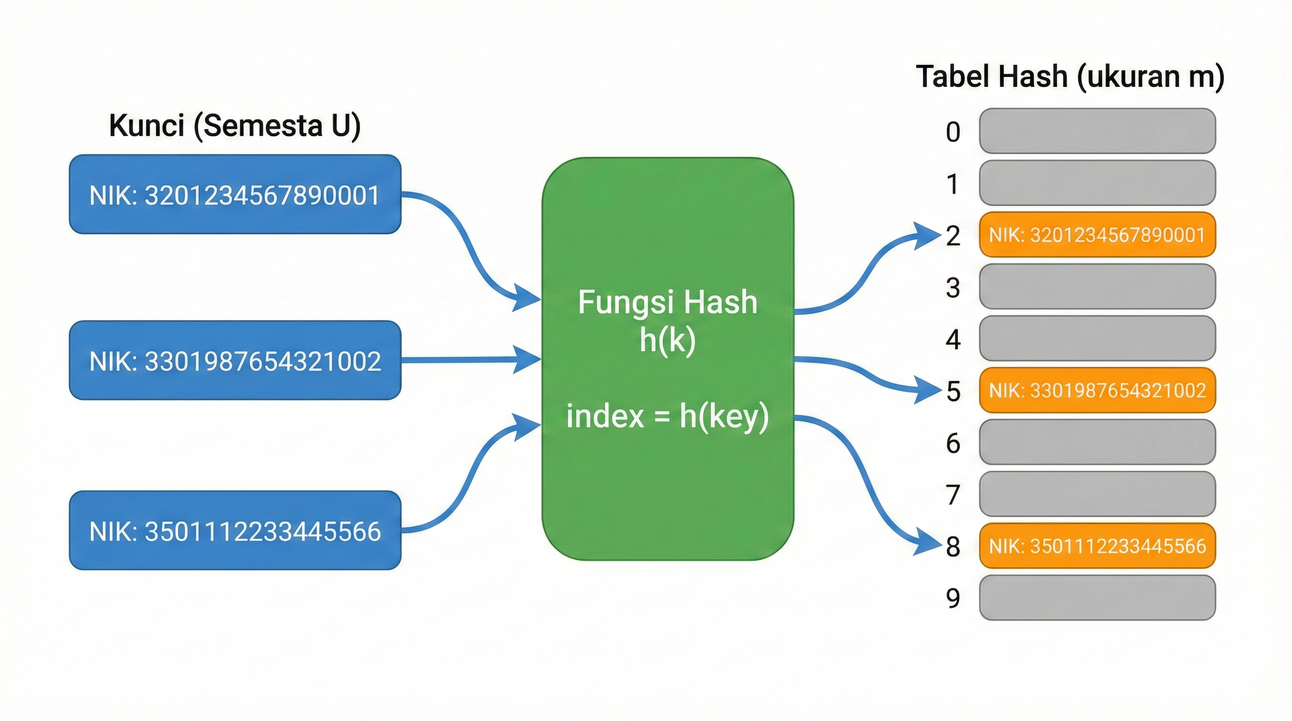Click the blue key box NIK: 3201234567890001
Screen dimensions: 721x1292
click(x=235, y=194)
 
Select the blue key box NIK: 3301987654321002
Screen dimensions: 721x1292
click(x=235, y=360)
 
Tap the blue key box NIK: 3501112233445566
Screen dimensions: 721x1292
click(x=235, y=530)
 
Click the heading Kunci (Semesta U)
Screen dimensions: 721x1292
click(x=235, y=125)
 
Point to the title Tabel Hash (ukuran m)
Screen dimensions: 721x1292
click(x=1070, y=77)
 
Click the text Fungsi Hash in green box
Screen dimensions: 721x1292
click(x=667, y=302)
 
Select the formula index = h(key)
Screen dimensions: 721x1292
click(x=667, y=416)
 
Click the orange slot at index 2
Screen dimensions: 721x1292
click(x=1097, y=235)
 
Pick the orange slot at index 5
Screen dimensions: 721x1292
click(x=1097, y=390)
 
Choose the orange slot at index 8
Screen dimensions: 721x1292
click(x=1097, y=545)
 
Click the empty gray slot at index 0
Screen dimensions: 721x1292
click(x=1097, y=131)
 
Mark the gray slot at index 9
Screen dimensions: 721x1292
click(x=1097, y=598)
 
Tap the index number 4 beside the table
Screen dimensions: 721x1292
click(x=953, y=339)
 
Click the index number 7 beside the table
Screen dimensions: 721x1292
click(x=953, y=495)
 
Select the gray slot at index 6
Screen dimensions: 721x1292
click(x=1097, y=442)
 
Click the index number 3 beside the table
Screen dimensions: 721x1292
click(x=953, y=288)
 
